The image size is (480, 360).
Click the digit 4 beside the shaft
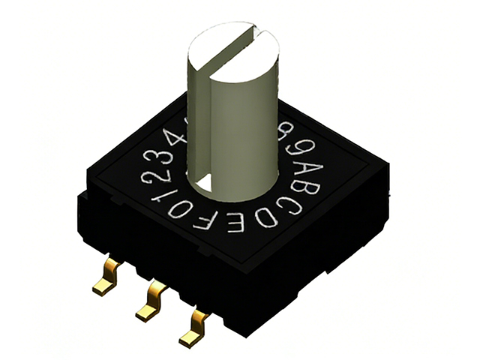point(179,136)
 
